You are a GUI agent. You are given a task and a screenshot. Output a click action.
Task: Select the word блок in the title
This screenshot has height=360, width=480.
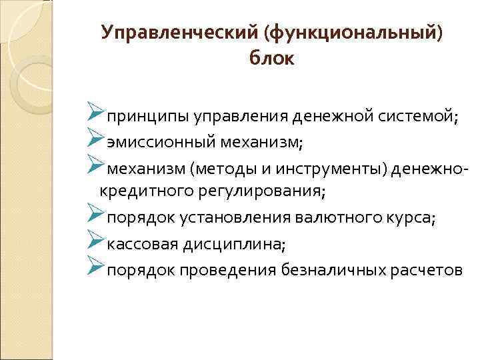271,59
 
